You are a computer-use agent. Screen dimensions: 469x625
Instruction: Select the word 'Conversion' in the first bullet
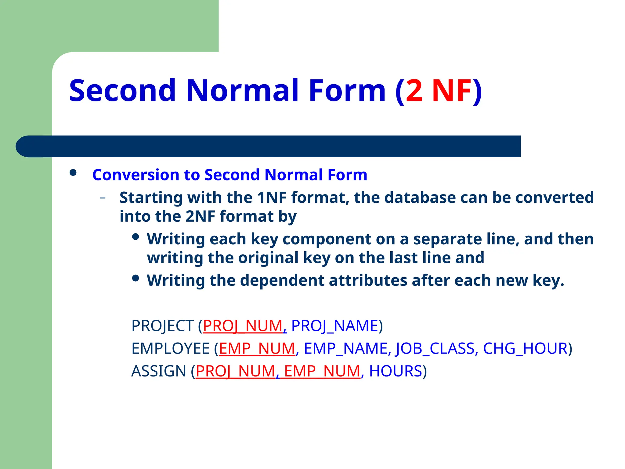(136, 175)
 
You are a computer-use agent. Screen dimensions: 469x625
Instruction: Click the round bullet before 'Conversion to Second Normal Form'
(73, 173)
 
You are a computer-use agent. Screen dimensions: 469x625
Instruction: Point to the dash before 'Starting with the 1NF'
(103, 198)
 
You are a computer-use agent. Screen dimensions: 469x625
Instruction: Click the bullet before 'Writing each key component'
(136, 237)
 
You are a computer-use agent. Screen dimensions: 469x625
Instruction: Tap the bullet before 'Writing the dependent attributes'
(136, 278)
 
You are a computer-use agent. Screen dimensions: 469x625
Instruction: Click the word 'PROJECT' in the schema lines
(162, 326)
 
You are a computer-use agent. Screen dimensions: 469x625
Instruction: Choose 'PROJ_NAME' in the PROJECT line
(335, 326)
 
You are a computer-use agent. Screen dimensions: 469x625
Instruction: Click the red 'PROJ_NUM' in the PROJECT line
(243, 326)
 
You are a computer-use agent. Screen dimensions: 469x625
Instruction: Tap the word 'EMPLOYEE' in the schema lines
(171, 349)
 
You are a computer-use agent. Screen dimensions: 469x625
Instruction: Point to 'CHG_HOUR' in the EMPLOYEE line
(525, 349)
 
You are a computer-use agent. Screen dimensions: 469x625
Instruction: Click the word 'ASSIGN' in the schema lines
(159, 371)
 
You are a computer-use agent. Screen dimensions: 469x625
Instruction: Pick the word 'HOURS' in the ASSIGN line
(396, 371)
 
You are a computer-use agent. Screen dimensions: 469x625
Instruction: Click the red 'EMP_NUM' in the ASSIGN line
(322, 371)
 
